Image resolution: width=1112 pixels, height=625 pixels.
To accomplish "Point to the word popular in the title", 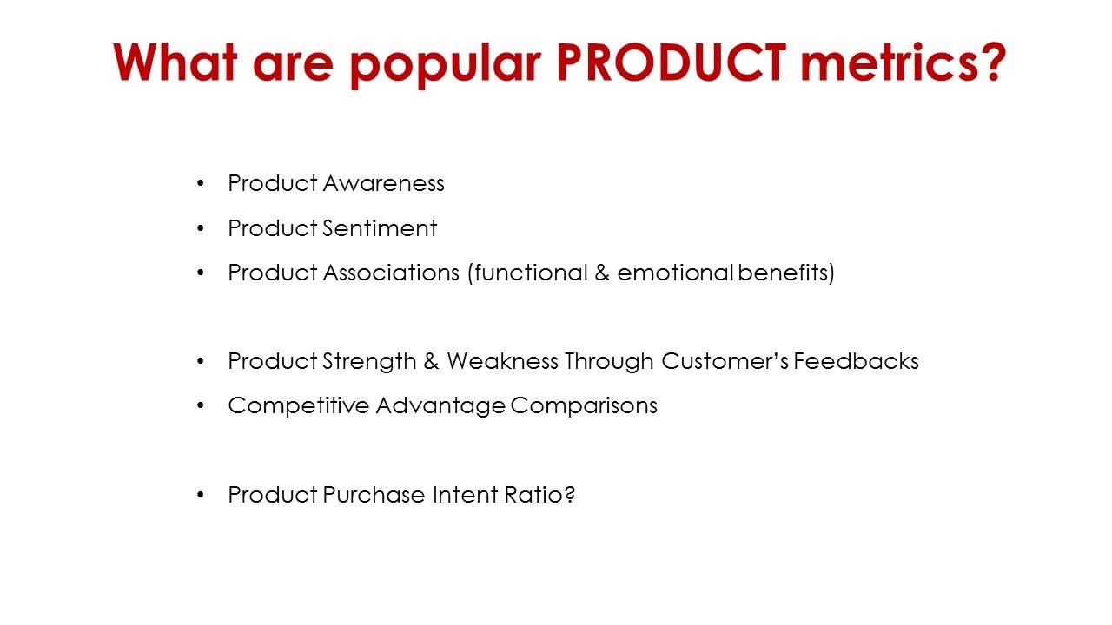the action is [446, 65].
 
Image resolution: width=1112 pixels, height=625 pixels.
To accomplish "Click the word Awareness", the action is [384, 183].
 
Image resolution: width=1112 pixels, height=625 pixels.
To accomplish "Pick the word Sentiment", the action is [380, 228].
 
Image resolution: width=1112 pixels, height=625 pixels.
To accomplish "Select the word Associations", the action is [391, 273].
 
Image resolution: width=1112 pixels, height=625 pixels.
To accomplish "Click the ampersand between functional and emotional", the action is [602, 273].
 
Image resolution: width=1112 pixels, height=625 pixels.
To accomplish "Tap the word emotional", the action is [675, 273].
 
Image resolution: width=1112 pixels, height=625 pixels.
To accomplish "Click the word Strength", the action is [369, 361].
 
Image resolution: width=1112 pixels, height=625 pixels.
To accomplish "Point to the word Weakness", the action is [502, 361].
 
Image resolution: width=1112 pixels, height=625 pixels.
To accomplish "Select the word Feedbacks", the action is [856, 361].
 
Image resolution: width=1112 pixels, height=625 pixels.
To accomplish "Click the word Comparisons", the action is [584, 405].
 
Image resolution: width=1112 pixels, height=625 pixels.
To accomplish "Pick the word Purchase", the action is [374, 495].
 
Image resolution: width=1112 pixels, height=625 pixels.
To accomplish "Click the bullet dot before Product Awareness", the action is [201, 183].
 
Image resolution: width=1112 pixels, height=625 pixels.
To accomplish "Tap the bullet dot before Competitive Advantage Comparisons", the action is [201, 405].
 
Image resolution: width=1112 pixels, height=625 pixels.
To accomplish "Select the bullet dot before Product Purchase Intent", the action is [201, 495].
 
